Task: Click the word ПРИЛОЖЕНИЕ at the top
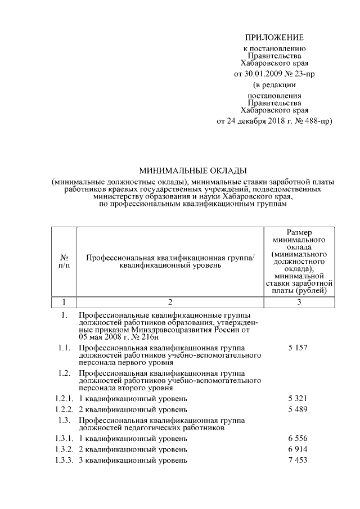pyautogui.click(x=274, y=38)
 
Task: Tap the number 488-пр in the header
pyautogui.click(x=315, y=121)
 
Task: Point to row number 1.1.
pyautogui.click(x=64, y=348)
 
